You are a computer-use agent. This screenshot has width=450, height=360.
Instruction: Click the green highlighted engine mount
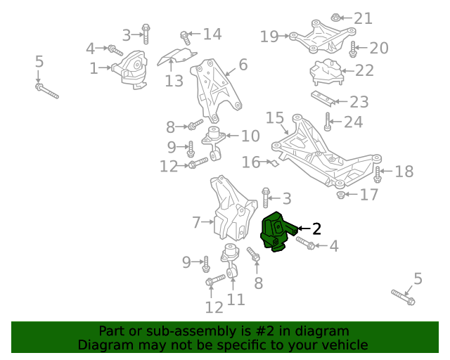coord(276,231)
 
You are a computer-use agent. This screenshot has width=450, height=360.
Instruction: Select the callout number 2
coord(316,228)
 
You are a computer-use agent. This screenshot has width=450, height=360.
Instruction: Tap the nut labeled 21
coord(336,17)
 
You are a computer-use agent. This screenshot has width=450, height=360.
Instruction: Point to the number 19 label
coord(269,35)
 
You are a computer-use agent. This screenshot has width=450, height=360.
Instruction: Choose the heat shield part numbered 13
coord(176,56)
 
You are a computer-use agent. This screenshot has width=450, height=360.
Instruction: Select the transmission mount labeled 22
coord(325,72)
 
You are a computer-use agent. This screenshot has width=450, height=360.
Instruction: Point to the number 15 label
coord(274,117)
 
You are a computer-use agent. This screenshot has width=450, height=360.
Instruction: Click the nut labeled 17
coord(341,195)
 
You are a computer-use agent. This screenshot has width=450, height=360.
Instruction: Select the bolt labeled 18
coord(378,174)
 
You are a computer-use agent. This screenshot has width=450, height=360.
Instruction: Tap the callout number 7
coord(197,224)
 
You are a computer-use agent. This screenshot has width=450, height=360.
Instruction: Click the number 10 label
coord(250,136)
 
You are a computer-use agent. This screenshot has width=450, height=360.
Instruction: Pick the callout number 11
coord(236,300)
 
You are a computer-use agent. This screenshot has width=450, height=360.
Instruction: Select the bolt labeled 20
coord(354,49)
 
